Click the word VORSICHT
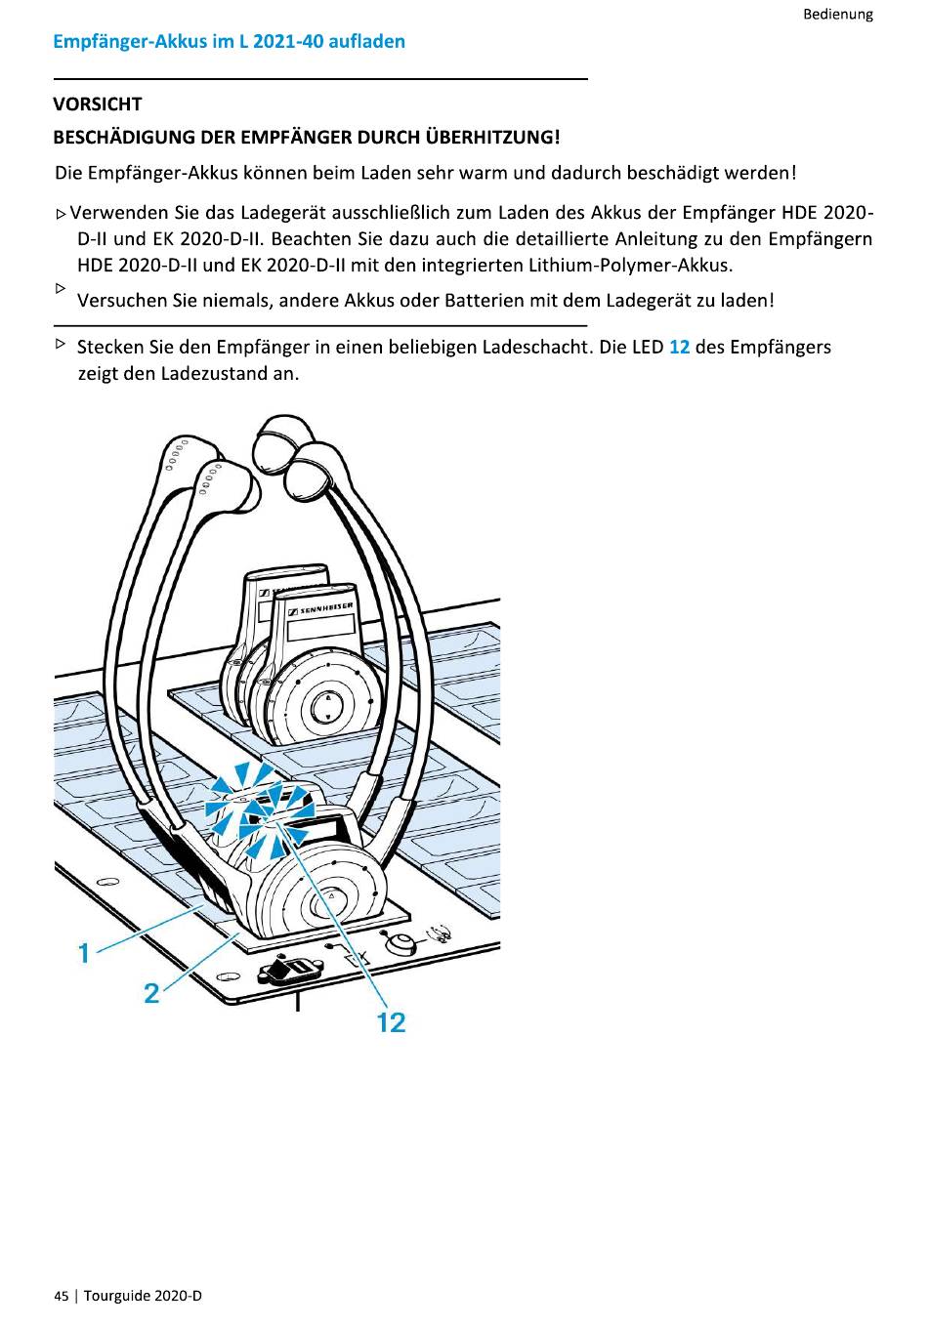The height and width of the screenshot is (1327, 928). click(98, 104)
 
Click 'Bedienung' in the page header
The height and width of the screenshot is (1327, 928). click(837, 14)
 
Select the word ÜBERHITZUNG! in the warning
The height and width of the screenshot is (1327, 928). click(491, 137)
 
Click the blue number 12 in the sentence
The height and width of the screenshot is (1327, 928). click(679, 347)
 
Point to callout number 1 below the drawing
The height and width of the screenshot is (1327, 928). click(84, 952)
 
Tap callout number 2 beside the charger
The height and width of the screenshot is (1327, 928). click(151, 993)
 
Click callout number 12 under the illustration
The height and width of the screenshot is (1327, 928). click(391, 1022)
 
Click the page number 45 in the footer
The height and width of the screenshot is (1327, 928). click(62, 1296)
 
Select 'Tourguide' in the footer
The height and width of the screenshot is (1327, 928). click(117, 1296)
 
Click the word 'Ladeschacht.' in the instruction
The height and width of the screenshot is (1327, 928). click(537, 347)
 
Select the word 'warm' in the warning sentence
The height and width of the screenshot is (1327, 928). click(483, 173)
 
